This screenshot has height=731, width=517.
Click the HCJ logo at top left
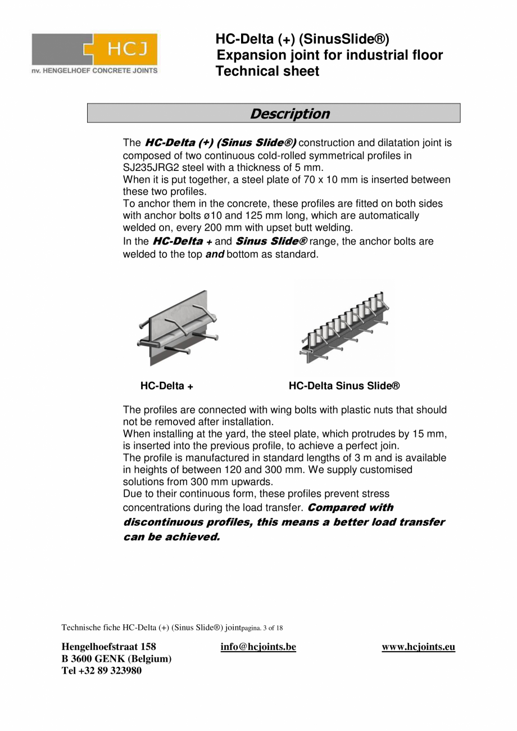click(94, 53)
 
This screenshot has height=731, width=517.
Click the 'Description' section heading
click(289, 114)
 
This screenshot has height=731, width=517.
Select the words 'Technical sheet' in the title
click(267, 71)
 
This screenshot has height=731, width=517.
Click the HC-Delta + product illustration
click(176, 328)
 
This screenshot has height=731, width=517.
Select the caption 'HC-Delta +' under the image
click(167, 386)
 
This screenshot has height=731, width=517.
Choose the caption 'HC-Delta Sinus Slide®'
click(344, 386)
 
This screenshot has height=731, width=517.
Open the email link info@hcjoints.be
click(258, 647)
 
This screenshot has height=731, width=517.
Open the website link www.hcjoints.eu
click(418, 647)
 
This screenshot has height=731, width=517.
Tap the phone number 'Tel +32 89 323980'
click(101, 670)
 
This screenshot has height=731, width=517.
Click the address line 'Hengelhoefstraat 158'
click(108, 647)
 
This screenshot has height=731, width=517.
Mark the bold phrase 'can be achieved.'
click(171, 536)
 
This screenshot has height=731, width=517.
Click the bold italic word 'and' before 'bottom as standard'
click(214, 254)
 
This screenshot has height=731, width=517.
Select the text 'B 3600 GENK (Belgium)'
click(116, 658)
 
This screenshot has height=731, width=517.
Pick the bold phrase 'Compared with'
click(351, 507)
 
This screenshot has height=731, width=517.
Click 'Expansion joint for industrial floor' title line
click(330, 55)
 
